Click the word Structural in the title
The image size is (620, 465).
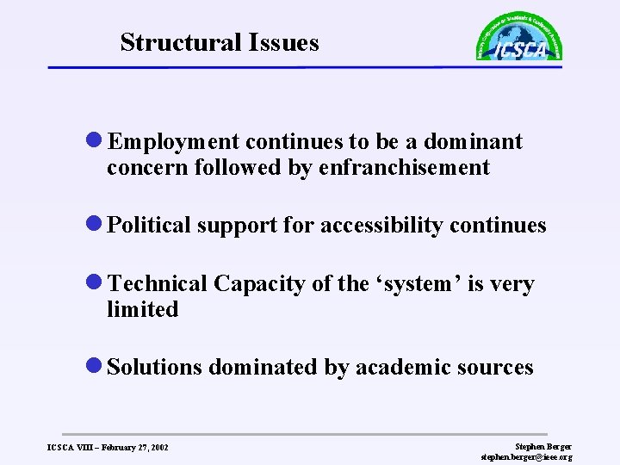179,42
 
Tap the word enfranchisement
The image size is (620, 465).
404,167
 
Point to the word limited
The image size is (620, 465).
142,309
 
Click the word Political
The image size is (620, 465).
151,226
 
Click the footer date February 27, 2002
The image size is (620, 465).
132,448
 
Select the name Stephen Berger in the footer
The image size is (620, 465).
542,446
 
